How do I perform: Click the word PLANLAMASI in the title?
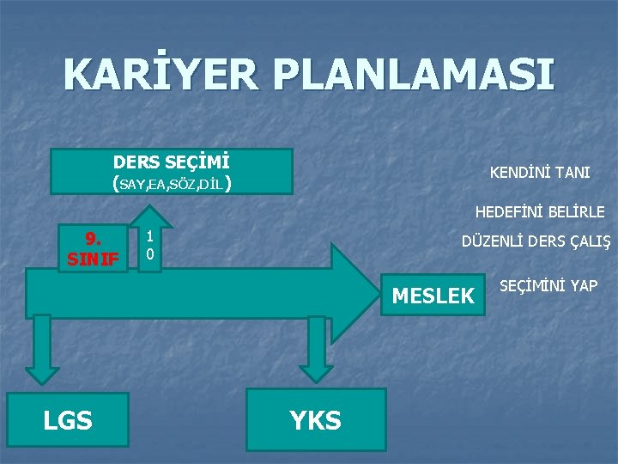pos(407,76)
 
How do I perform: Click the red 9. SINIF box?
pos(93,248)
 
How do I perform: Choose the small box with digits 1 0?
pos(149,247)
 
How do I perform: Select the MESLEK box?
pos(433,296)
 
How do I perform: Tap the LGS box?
pos(68,419)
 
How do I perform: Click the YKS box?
pos(315,419)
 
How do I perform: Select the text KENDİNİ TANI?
pos(539,173)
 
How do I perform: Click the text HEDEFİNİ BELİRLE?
pos(540,211)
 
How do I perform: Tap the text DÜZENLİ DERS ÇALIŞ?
pos(536,242)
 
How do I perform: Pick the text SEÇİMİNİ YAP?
pos(548,286)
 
